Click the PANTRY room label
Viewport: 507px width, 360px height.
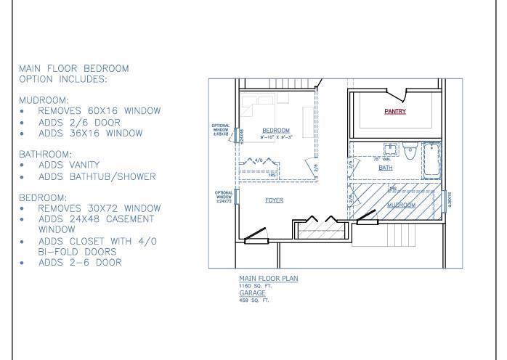point(395,112)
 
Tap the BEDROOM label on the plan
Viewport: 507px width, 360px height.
point(276,131)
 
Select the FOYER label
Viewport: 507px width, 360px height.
point(274,200)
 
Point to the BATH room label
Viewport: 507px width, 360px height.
point(385,168)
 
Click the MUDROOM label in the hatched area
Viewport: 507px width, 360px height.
point(400,205)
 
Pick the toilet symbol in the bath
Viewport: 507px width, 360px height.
point(410,153)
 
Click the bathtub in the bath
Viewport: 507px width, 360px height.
point(431,160)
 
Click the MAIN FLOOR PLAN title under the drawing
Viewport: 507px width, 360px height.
point(268,279)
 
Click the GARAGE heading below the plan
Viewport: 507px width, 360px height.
point(251,293)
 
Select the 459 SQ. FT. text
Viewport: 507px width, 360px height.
point(253,300)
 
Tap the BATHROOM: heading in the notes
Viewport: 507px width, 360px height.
point(46,155)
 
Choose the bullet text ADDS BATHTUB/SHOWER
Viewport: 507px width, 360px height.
point(97,176)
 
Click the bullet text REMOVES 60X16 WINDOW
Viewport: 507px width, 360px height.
point(99,112)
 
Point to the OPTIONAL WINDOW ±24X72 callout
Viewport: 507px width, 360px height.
point(223,197)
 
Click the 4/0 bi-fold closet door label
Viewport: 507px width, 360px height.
point(259,160)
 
